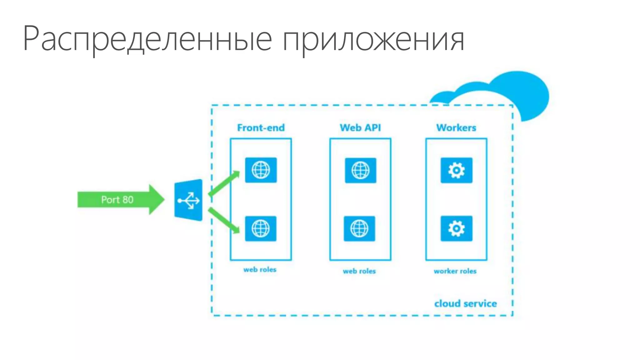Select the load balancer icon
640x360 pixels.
click(188, 200)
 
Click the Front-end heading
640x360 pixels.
click(261, 127)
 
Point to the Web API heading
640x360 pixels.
click(360, 127)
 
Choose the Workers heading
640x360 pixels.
click(456, 127)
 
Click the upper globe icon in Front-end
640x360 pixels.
click(261, 170)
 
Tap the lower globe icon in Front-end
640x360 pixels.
click(261, 228)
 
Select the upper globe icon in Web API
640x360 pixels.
click(361, 170)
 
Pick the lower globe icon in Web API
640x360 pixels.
click(359, 228)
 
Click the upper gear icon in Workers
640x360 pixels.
click(456, 170)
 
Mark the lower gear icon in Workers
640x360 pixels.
click(456, 228)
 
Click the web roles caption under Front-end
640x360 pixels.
click(260, 269)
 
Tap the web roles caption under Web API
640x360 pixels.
click(359, 271)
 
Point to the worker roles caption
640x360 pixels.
click(455, 271)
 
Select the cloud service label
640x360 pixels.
click(465, 303)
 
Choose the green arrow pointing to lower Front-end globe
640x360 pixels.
click(224, 220)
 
